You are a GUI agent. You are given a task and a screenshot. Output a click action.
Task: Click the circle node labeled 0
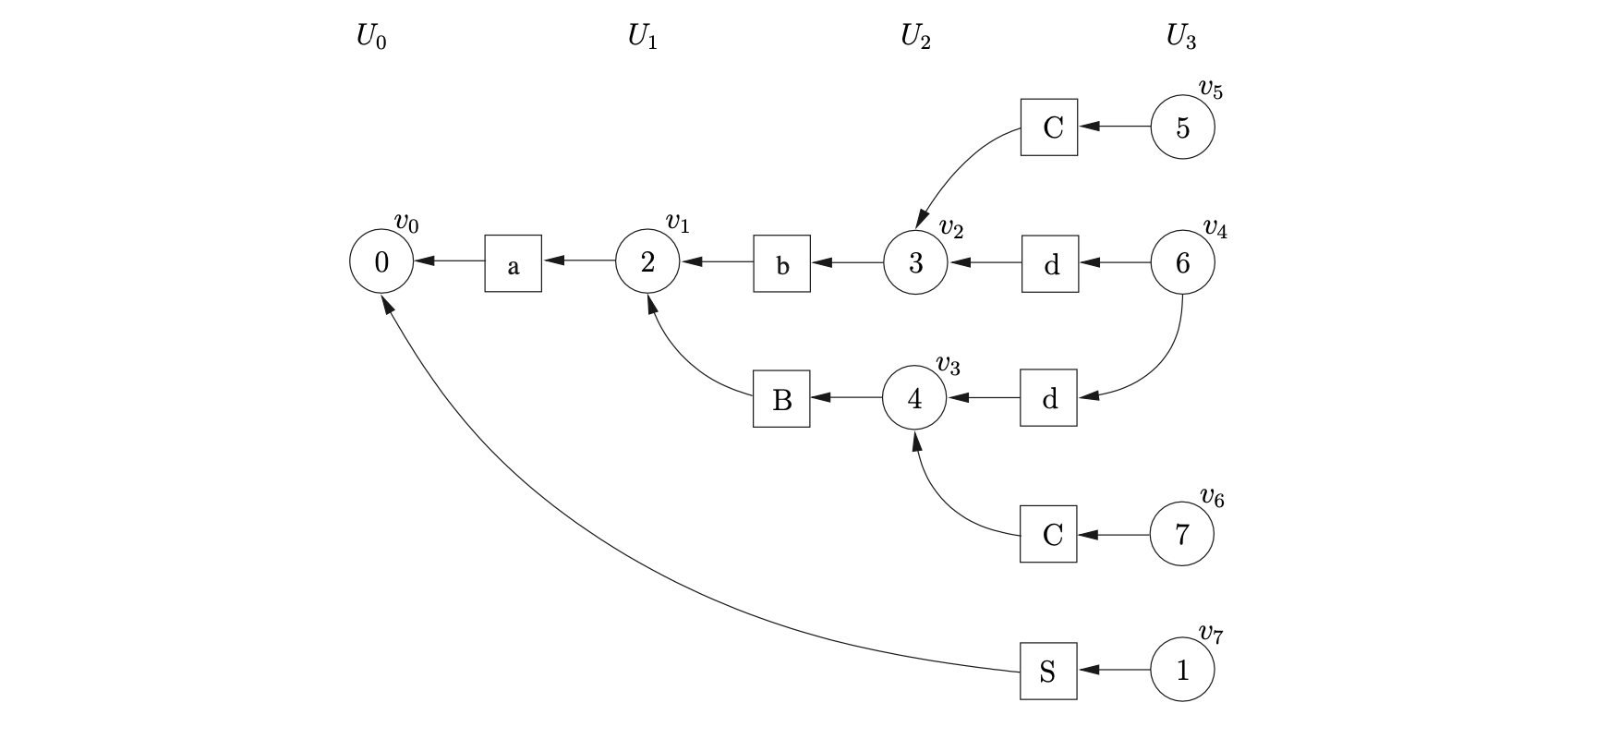(x=381, y=262)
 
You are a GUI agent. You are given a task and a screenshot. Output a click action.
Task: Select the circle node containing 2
(x=647, y=262)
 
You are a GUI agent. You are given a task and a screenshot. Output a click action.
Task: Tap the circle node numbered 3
(x=915, y=263)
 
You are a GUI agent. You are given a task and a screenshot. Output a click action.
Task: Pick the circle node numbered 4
(x=914, y=398)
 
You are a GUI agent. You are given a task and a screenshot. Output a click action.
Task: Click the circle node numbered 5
(x=1182, y=127)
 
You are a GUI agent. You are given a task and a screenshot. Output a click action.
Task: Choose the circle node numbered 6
(x=1182, y=263)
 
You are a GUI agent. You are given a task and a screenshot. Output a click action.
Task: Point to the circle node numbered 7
(x=1181, y=534)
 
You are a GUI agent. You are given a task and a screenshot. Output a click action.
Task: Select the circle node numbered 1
(x=1182, y=671)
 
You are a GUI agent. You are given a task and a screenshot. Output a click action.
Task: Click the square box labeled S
(x=1048, y=671)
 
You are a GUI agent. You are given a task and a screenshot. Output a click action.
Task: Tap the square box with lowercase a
(x=514, y=264)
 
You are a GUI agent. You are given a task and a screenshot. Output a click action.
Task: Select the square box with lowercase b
(x=781, y=264)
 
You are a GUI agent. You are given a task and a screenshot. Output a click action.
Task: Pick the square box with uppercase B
(x=781, y=399)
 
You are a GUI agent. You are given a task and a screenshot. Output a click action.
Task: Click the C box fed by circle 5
(x=1049, y=127)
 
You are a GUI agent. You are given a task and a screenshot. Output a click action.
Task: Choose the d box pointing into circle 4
(x=1048, y=398)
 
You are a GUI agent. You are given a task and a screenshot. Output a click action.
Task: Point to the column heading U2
(x=915, y=37)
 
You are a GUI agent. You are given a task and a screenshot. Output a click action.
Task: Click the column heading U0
(x=371, y=38)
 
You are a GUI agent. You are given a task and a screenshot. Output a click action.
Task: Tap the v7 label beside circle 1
(x=1212, y=634)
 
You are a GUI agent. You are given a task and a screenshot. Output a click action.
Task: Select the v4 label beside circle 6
(x=1215, y=228)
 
